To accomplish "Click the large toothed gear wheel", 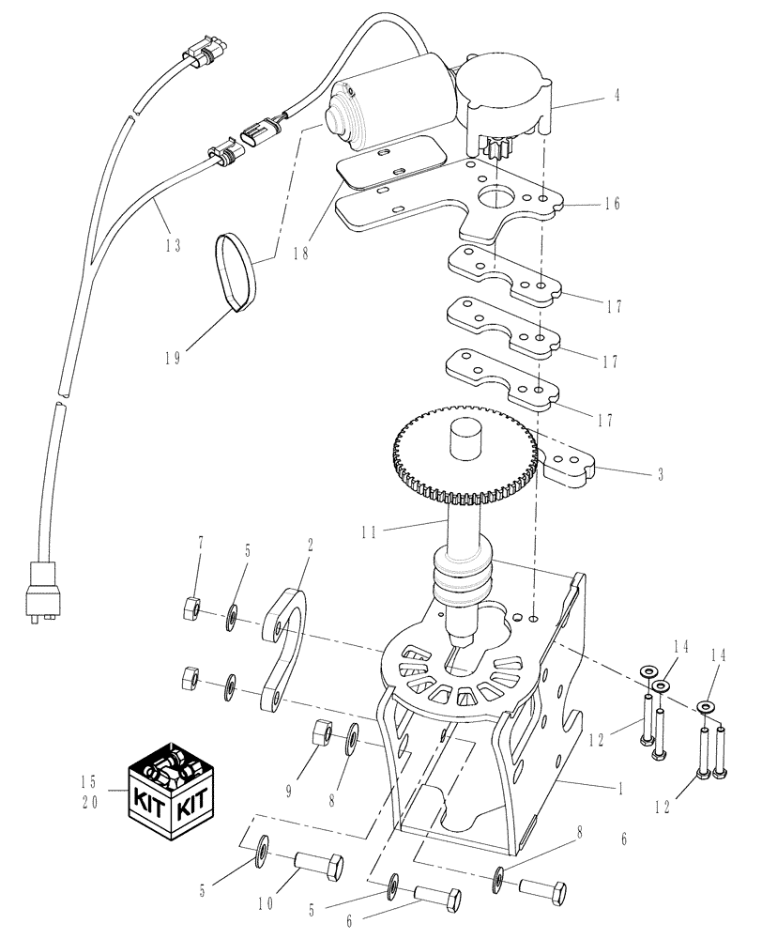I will click(461, 459).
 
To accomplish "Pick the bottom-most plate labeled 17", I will click(497, 379).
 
